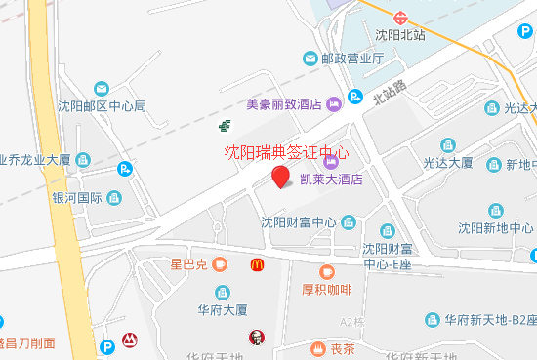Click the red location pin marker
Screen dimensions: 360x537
click(x=280, y=177)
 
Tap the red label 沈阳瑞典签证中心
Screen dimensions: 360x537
click(x=285, y=152)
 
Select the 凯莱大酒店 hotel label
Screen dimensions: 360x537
click(x=331, y=180)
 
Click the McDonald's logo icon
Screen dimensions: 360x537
click(x=257, y=264)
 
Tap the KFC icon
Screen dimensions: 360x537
click(x=257, y=338)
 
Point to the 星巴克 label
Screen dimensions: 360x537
click(x=188, y=264)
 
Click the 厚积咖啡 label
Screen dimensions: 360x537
click(x=326, y=289)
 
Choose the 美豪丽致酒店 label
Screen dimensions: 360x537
click(x=284, y=103)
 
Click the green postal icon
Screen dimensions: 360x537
click(x=225, y=124)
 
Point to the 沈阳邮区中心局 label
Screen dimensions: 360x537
click(x=102, y=106)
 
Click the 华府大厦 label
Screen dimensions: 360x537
click(x=223, y=311)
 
